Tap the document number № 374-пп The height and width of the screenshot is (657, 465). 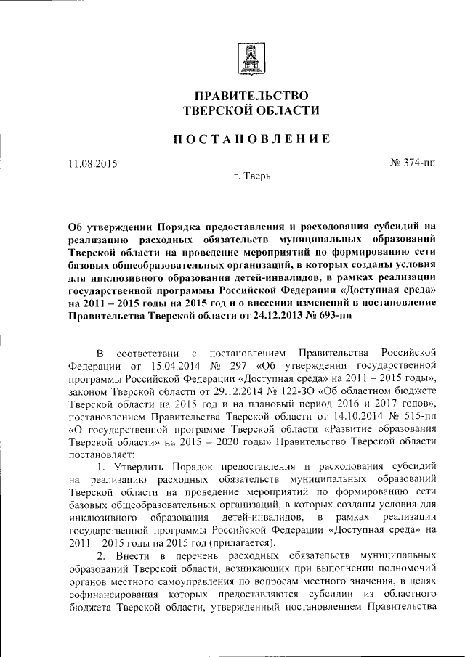[413, 163]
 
